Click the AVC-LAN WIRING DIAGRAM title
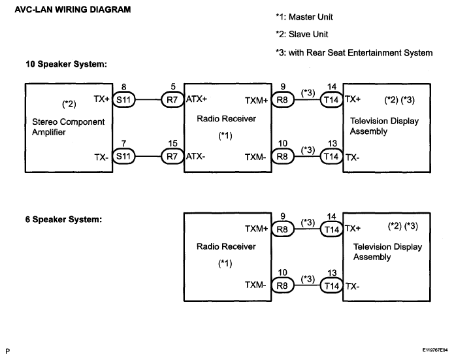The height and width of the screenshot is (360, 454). pyautogui.click(x=73, y=10)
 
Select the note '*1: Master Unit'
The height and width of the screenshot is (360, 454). pyautogui.click(x=304, y=17)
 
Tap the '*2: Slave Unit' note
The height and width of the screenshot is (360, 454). pyautogui.click(x=302, y=35)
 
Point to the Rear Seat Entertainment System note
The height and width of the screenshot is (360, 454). pyautogui.click(x=354, y=53)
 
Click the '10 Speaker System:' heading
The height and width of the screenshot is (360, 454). pyautogui.click(x=67, y=64)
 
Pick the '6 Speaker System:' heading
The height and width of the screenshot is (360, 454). pyautogui.click(x=64, y=220)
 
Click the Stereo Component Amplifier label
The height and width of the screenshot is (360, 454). pyautogui.click(x=69, y=127)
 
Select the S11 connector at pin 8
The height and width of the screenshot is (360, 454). pyautogui.click(x=123, y=100)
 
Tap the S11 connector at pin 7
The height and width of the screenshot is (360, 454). pyautogui.click(x=123, y=156)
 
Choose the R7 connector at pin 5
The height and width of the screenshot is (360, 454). pyautogui.click(x=172, y=100)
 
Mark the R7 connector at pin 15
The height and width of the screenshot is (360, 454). pyautogui.click(x=172, y=156)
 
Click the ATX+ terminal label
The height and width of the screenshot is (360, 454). pyautogui.click(x=197, y=99)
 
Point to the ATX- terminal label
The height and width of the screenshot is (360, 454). pyautogui.click(x=196, y=156)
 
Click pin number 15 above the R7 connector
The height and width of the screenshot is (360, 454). pyautogui.click(x=173, y=143)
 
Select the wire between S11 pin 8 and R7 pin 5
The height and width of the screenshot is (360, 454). pyautogui.click(x=148, y=100)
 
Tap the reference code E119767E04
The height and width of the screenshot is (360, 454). pyautogui.click(x=435, y=350)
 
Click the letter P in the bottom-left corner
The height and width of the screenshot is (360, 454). pyautogui.click(x=8, y=352)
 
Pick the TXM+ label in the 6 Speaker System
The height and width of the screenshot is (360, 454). pyautogui.click(x=256, y=229)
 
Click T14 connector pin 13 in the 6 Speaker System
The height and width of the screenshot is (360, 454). pyautogui.click(x=332, y=286)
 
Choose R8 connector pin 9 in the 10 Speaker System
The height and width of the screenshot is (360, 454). pyautogui.click(x=283, y=100)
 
